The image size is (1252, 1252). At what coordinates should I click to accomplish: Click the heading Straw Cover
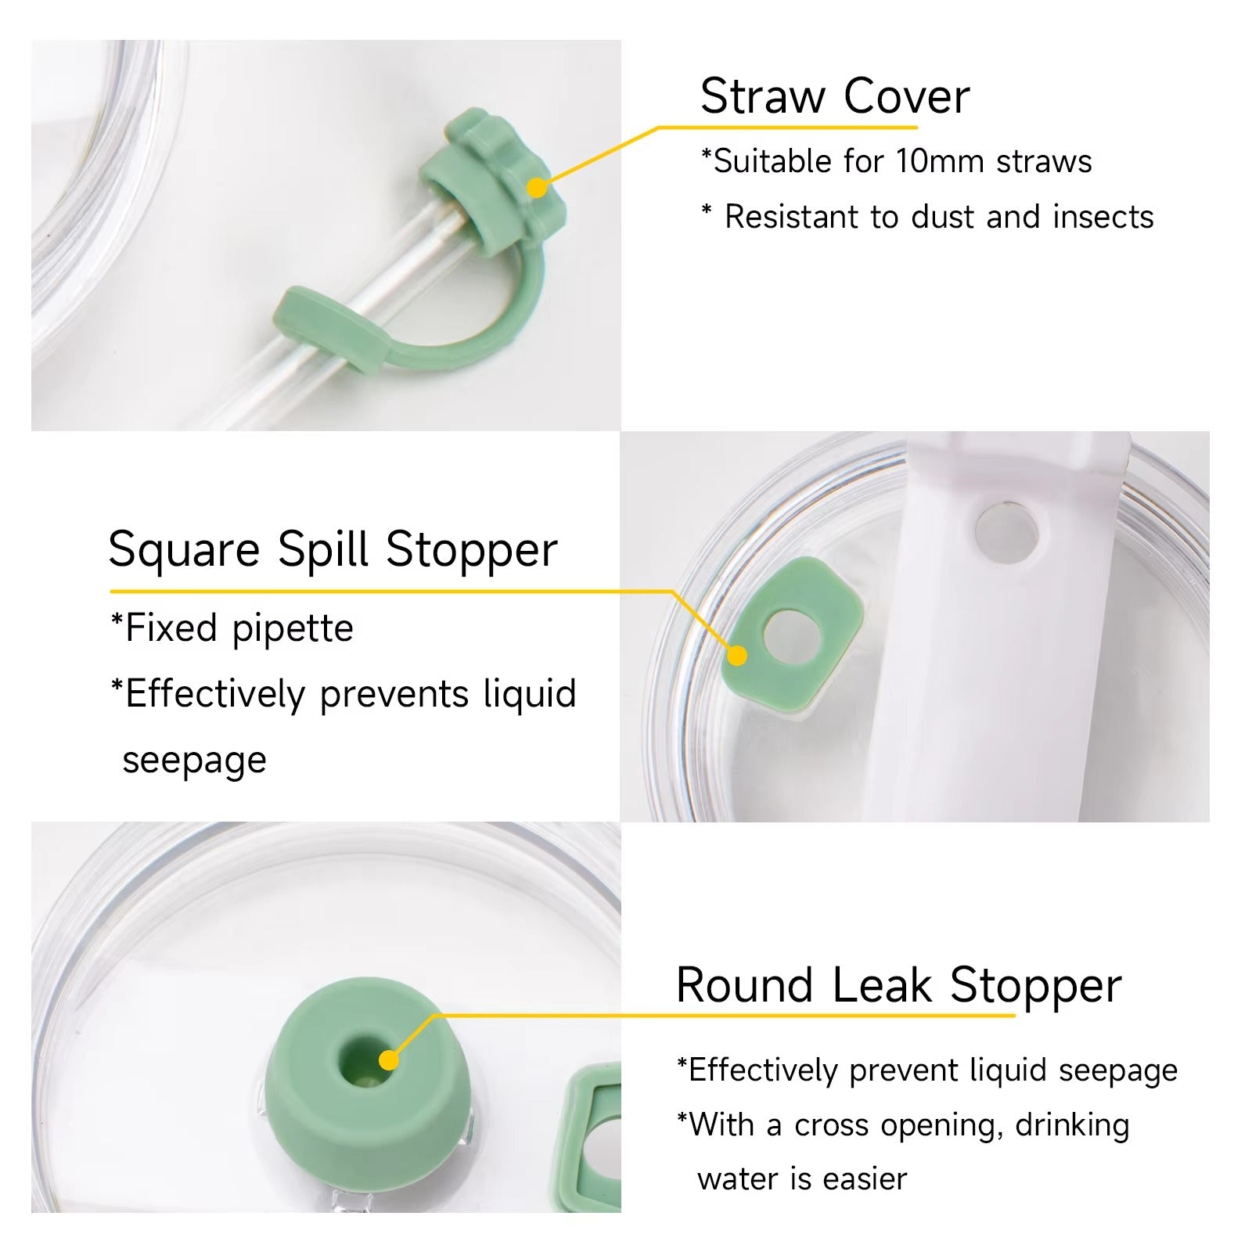pos(835,96)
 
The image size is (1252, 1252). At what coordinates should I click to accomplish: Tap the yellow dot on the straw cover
pos(537,188)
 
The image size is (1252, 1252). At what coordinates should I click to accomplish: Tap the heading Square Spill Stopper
pos(333,549)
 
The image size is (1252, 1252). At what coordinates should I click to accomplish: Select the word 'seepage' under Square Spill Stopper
pos(195,761)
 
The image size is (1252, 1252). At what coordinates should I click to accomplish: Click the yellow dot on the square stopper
pos(736,656)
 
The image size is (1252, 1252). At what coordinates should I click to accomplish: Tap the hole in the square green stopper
pos(790,635)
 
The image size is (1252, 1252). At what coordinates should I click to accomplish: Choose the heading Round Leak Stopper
pos(899,984)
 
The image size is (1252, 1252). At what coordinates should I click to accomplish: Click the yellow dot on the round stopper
pos(389,1060)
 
